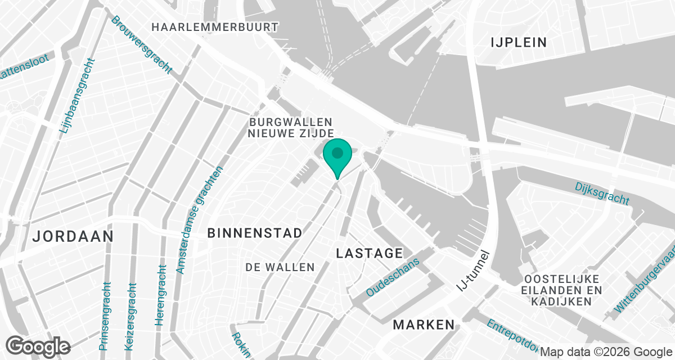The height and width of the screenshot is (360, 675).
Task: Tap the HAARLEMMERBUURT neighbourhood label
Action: tap(215, 27)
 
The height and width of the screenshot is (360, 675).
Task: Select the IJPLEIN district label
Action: tap(519, 42)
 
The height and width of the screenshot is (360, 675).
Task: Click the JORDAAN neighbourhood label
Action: tap(73, 236)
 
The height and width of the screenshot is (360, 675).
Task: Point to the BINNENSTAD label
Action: tap(255, 233)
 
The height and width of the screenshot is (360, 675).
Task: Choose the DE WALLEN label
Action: tap(280, 268)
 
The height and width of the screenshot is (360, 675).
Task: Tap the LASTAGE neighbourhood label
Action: tap(370, 254)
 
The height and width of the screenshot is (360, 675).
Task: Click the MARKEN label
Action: tap(424, 325)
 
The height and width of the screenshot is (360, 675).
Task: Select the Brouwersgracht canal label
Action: tap(141, 44)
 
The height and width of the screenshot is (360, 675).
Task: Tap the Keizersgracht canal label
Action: tap(130, 316)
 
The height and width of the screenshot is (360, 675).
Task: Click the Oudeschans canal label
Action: tap(393, 278)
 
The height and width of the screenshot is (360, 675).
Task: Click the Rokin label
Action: tap(240, 344)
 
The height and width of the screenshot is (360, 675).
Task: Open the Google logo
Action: tap(38, 346)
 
